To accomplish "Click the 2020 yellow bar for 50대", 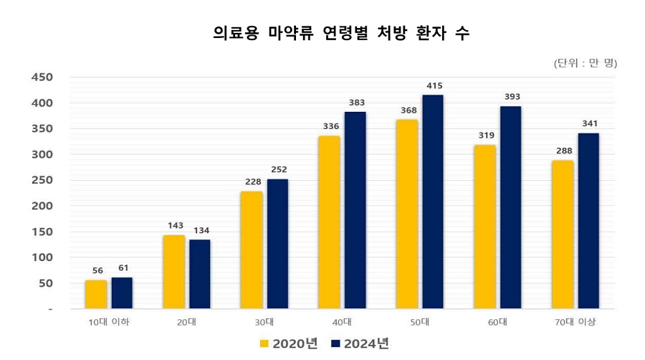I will [x=407, y=214].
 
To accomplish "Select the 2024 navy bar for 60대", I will [x=511, y=207].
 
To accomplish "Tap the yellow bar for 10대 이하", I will [x=96, y=294].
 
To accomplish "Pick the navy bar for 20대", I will [x=200, y=274].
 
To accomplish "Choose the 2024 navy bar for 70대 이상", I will [x=588, y=221].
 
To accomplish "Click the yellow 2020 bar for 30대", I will [x=252, y=250].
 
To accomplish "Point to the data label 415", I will [x=434, y=86].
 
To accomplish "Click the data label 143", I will [x=175, y=225].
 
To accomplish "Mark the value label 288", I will [x=563, y=151].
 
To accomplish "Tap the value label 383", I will [x=356, y=103].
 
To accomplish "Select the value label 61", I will [x=123, y=267].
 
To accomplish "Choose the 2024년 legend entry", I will [x=360, y=344].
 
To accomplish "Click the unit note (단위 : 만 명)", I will [x=585, y=63].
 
